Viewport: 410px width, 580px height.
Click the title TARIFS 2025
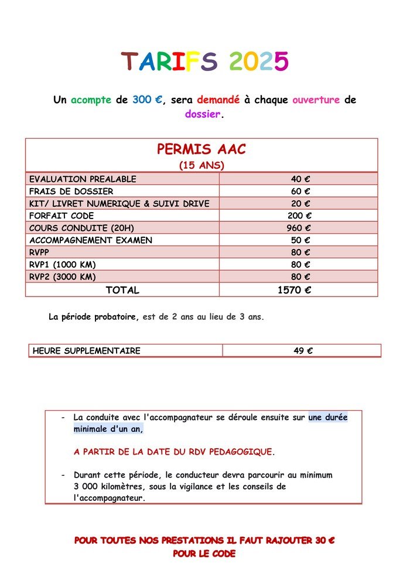pyautogui.click(x=205, y=62)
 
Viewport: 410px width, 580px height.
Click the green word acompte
pyautogui.click(x=91, y=100)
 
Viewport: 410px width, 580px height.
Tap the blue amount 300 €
pyautogui.click(x=147, y=100)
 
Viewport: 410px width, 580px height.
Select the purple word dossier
pyautogui.click(x=203, y=114)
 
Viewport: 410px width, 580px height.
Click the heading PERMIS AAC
pyautogui.click(x=201, y=149)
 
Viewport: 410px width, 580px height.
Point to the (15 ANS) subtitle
pyautogui.click(x=201, y=166)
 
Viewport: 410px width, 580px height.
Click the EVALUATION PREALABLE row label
pyautogui.click(x=83, y=179)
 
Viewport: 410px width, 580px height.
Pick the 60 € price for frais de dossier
pyautogui.click(x=300, y=191)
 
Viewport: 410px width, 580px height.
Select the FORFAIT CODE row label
pyautogui.click(x=61, y=216)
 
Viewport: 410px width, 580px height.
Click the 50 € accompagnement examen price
pyautogui.click(x=300, y=240)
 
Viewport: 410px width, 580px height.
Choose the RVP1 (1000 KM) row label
pyautogui.click(x=63, y=264)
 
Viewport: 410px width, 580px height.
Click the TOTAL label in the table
pyautogui.click(x=122, y=290)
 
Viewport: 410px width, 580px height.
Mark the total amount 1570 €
pyautogui.click(x=294, y=290)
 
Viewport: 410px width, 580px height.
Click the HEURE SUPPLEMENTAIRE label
pyautogui.click(x=87, y=351)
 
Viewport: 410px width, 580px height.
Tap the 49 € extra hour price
pyautogui.click(x=303, y=351)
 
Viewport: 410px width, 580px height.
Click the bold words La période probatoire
pyautogui.click(x=94, y=318)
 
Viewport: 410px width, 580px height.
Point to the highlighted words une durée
pyautogui.click(x=327, y=418)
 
